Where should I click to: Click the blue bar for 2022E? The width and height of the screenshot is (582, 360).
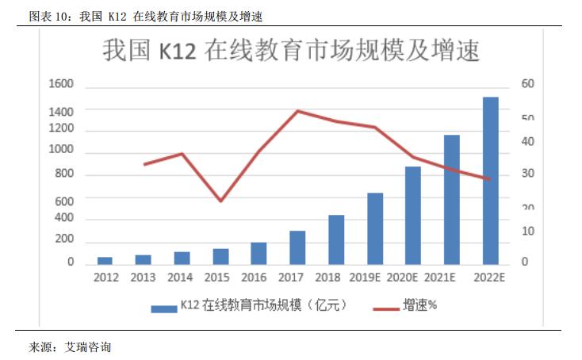pos(491,180)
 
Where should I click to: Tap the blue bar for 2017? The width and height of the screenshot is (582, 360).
pos(297,247)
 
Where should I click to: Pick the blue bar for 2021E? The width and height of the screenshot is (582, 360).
pos(452,199)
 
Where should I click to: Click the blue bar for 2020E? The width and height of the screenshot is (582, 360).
pos(413,215)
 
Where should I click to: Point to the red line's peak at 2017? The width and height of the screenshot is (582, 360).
pos(297,111)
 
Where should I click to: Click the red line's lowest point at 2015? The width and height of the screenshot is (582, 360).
pos(220,201)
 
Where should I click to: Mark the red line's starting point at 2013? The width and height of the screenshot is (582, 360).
pos(144,164)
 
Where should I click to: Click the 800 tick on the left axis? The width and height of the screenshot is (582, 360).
pos(64,174)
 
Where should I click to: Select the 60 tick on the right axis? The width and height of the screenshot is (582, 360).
pos(527,84)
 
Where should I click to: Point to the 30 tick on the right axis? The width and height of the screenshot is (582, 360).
pos(527,174)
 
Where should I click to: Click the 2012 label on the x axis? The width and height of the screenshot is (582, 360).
pos(105,278)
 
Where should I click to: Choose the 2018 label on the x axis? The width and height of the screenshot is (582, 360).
pos(327,278)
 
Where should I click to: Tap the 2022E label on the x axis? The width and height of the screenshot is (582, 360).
pos(488,278)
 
